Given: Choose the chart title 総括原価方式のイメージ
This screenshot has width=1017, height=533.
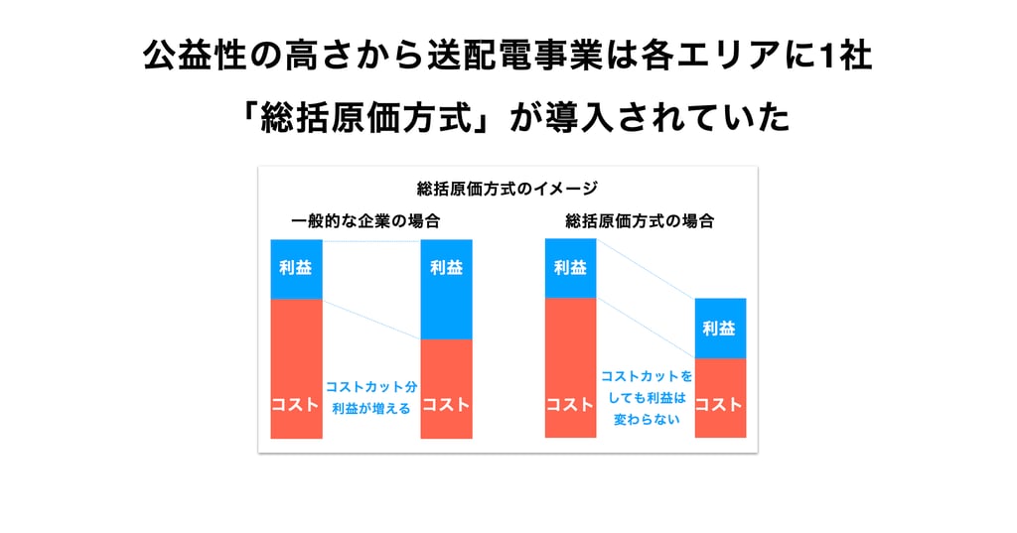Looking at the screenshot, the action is tap(508, 189).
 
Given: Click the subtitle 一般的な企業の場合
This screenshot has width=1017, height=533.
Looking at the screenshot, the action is tap(365, 221).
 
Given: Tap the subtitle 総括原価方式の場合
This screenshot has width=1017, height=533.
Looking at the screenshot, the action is tap(640, 221).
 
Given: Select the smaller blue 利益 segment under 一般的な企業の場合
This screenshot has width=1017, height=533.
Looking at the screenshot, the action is tap(296, 270).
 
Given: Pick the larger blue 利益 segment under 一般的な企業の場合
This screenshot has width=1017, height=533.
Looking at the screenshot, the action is tap(446, 290).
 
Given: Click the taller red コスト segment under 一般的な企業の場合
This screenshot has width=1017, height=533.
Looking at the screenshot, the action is tap(296, 369).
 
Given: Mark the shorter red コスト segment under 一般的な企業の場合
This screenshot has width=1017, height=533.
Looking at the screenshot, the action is tap(446, 389).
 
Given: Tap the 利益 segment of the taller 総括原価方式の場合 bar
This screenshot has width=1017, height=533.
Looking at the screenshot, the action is tap(571, 268).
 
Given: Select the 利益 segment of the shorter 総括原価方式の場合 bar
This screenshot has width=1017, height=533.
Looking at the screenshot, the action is tap(721, 329).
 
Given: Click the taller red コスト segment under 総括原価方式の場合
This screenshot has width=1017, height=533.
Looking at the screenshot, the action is tap(571, 367).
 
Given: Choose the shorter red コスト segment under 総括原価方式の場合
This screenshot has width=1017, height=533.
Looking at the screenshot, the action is tap(721, 398).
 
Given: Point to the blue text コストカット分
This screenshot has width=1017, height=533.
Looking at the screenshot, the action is tap(371, 387).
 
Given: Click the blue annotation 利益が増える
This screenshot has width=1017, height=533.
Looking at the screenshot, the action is tap(371, 409).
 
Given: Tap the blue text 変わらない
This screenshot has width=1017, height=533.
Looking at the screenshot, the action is tap(646, 420).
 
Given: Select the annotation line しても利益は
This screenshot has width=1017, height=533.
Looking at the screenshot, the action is tap(646, 398).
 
